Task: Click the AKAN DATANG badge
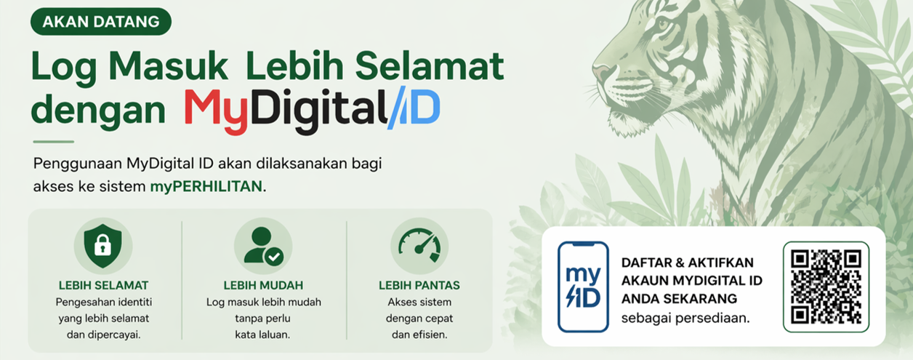pos(100,21)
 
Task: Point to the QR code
pos(826,286)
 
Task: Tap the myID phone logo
pos(582,287)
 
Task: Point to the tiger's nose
pos(600,71)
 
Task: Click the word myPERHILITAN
pos(206,186)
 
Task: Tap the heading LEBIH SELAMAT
pos(103,285)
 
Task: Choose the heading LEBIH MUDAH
pos(263,285)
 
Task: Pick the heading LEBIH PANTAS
pos(419,285)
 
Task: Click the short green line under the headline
pos(53,142)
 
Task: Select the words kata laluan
pos(262,335)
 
